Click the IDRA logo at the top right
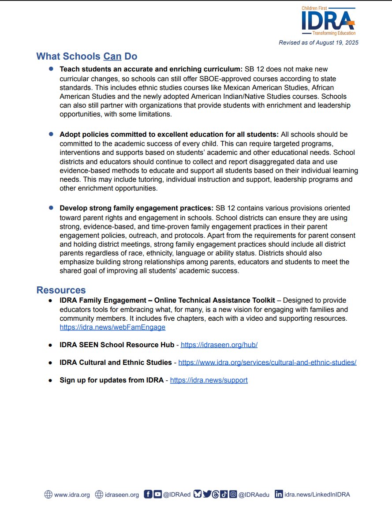coord(329,21)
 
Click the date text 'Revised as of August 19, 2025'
coord(318,43)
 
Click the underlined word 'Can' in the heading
coord(112,56)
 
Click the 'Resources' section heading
coord(61,290)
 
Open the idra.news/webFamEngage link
coord(112,327)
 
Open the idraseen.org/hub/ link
coord(219,345)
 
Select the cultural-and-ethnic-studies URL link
coord(267,362)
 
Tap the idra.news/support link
coord(209,380)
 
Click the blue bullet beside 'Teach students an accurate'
coord(51,69)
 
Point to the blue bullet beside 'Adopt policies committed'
coord(51,134)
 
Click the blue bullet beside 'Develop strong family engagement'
coord(51,207)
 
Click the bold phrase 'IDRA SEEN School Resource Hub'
coord(117,345)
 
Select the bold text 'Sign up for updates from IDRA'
coord(112,380)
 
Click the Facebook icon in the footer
coord(148,494)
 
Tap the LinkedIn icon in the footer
coord(279,494)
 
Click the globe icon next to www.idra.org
coord(48,495)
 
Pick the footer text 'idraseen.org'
coord(122,495)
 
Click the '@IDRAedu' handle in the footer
coord(252,495)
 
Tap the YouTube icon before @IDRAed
coord(157,494)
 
